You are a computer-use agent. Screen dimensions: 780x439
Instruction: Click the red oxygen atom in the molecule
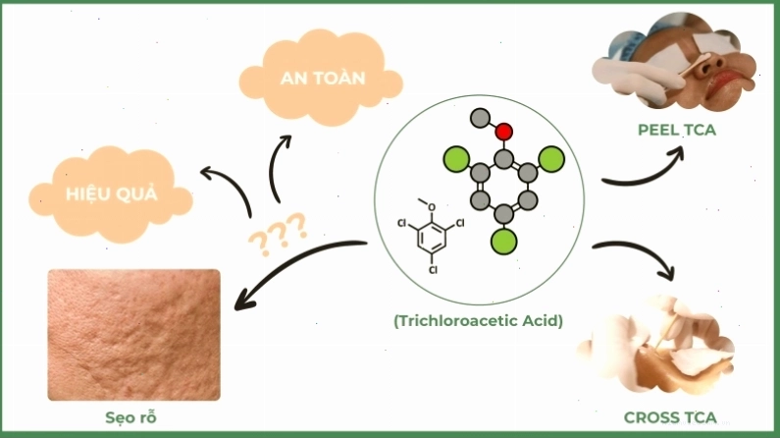click(x=504, y=132)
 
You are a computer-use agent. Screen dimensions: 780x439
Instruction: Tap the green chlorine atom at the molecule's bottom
click(x=504, y=242)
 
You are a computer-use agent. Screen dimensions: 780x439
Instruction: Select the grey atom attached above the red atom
click(x=480, y=118)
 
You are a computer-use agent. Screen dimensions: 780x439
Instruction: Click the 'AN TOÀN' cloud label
click(x=323, y=79)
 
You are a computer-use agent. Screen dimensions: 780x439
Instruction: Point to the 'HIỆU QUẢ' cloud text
click(x=112, y=193)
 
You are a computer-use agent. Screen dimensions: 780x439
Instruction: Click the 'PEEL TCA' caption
click(x=677, y=130)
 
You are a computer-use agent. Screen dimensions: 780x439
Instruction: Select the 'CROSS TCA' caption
click(x=670, y=417)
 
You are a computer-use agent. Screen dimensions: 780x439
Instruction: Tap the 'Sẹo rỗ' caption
click(x=130, y=417)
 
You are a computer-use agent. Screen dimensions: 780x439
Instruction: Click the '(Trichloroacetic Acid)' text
click(x=478, y=321)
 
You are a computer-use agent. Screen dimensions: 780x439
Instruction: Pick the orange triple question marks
click(x=278, y=234)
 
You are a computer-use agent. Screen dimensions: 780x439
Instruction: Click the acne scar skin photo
click(x=133, y=335)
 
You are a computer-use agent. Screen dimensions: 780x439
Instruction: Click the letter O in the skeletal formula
click(x=432, y=207)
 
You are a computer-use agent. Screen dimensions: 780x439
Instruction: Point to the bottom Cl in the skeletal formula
click(x=433, y=270)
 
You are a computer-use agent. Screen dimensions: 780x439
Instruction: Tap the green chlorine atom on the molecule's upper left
click(x=456, y=159)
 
